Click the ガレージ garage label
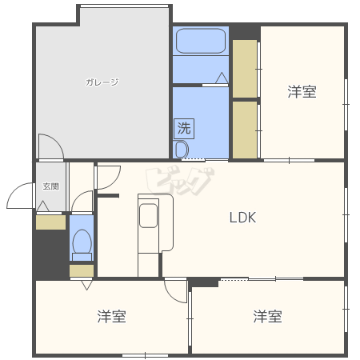coord(102,82)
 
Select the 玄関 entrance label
coord(50,186)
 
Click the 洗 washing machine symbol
coord(184,127)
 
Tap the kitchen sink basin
coord(148,216)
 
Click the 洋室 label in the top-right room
coord(302,92)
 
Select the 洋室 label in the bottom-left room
coord(111,316)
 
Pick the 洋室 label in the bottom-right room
coord(267,316)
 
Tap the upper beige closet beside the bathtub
coord(245,68)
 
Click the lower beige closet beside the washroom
coord(245,129)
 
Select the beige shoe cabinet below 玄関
coord(50,223)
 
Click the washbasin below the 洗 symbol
coord(181,149)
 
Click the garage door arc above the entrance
coord(50,146)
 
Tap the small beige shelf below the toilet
coord(81,270)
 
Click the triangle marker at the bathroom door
coord(221,78)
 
